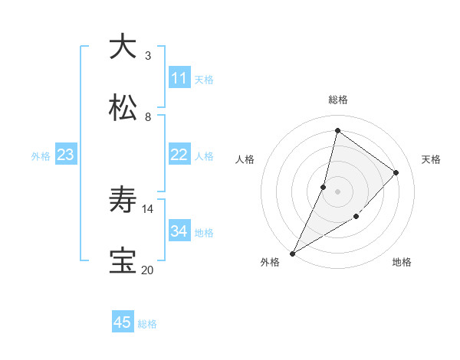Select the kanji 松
[123, 107]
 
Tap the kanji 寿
[123, 201]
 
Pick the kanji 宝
[123, 261]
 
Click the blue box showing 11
[179, 78]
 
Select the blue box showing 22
[179, 155]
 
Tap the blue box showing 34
[179, 231]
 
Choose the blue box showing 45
[123, 322]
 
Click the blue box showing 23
[66, 155]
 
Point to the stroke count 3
[148, 55]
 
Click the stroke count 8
[148, 117]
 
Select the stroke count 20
[148, 270]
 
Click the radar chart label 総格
[337, 100]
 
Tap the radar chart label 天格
[431, 159]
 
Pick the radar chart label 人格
[245, 159]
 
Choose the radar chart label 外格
[270, 262]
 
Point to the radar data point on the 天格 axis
[396, 172]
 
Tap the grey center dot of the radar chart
[337, 191]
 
